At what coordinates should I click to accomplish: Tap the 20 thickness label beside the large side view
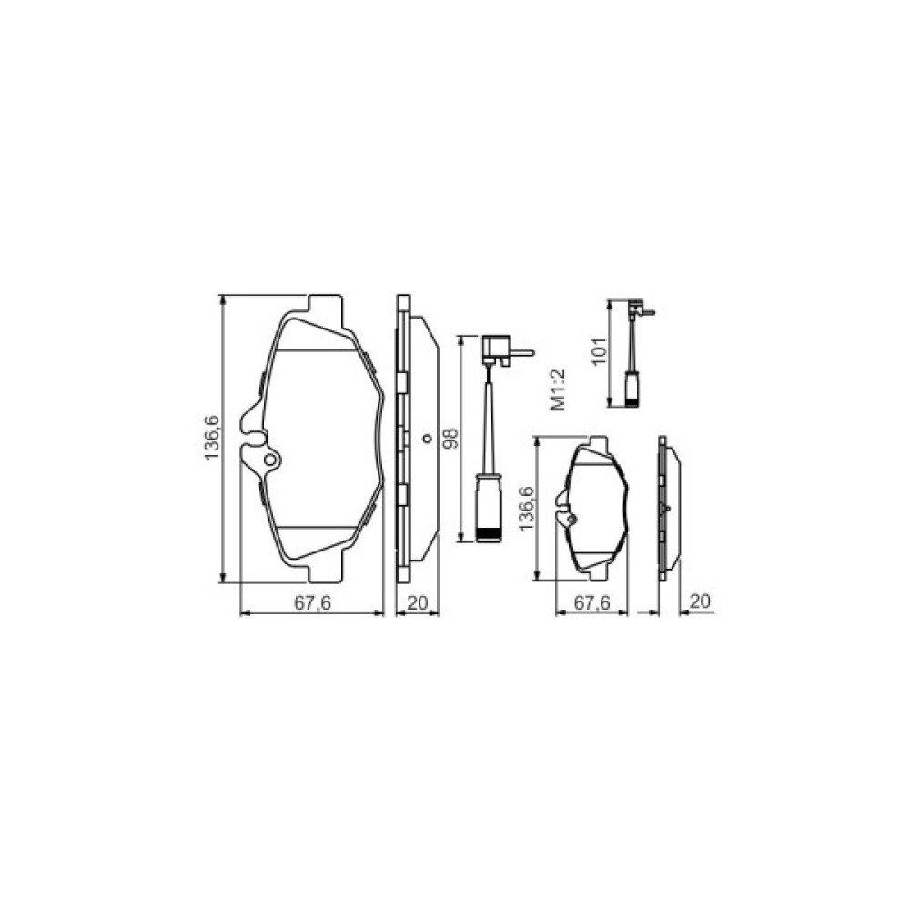(x=418, y=602)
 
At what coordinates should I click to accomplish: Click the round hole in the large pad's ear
(x=269, y=460)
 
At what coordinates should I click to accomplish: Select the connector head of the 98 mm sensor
(x=497, y=346)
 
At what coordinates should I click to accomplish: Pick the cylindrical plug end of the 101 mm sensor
(x=632, y=389)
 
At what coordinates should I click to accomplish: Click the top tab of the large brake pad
(x=325, y=305)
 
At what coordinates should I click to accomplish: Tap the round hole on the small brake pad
(x=571, y=520)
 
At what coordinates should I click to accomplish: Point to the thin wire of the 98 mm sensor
(x=490, y=419)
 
